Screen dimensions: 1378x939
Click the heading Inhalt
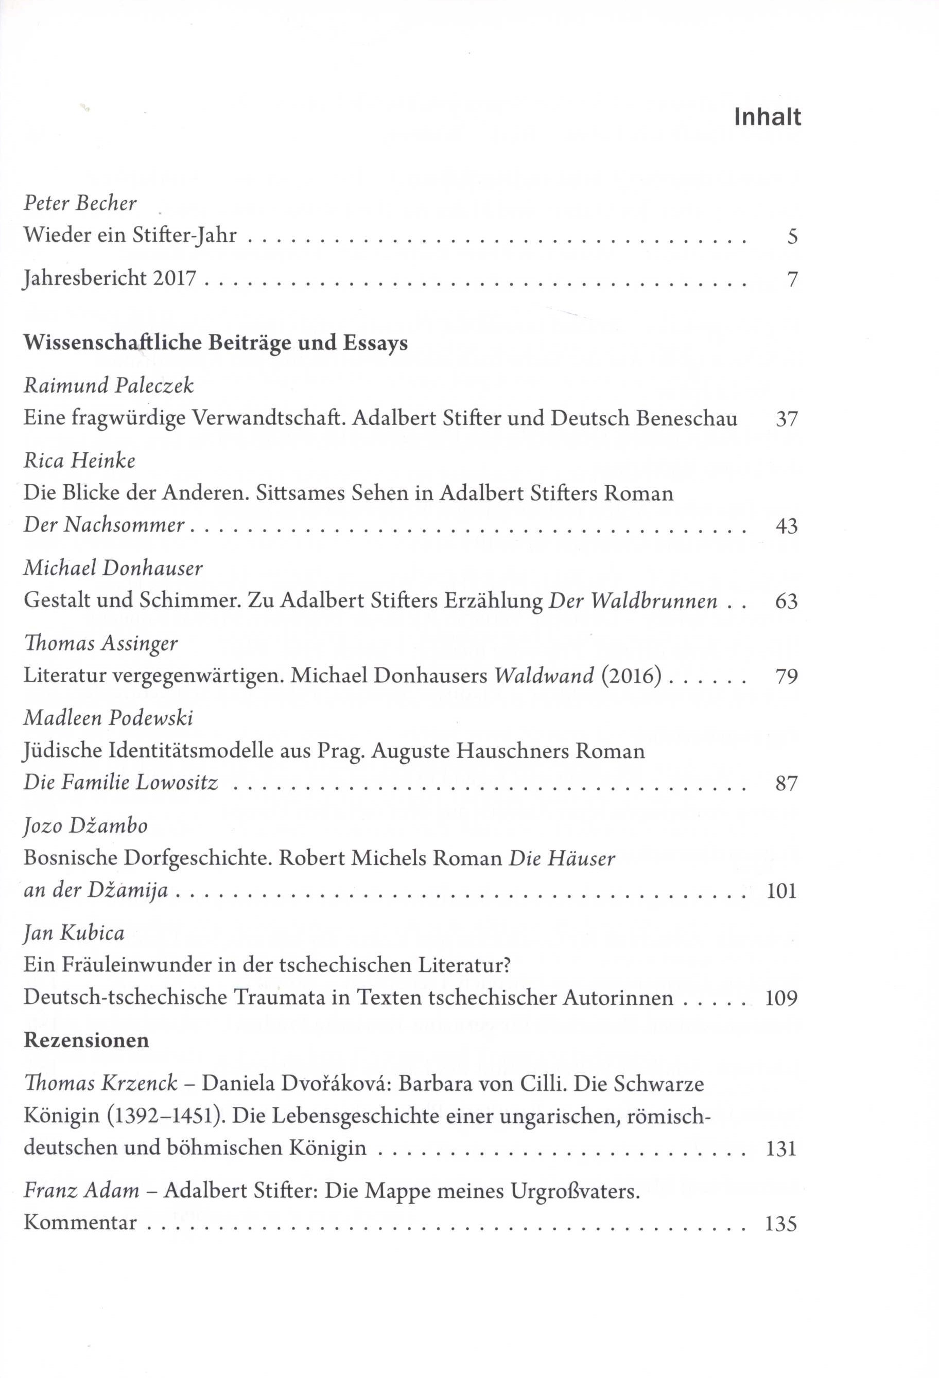(767, 117)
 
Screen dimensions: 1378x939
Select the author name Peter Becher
(80, 203)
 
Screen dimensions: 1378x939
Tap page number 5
(792, 237)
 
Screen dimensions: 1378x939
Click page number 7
(792, 279)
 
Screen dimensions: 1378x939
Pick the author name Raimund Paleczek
(109, 386)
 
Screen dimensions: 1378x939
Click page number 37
(787, 419)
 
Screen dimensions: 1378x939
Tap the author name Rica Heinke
(79, 461)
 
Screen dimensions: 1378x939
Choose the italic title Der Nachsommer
(104, 525)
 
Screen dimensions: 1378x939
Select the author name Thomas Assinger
(100, 643)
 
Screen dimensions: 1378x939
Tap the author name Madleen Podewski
(109, 719)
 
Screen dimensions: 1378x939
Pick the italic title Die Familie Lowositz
(121, 783)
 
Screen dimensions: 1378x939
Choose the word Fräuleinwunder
(140, 965)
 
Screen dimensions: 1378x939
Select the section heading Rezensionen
(86, 1040)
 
